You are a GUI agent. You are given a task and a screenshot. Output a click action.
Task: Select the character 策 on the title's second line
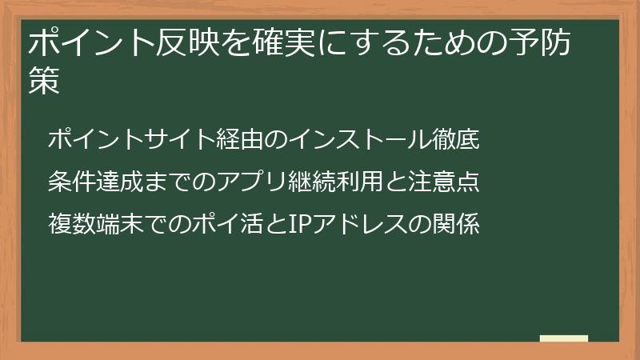(x=44, y=82)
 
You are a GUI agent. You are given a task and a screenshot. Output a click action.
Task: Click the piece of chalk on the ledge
(x=564, y=338)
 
